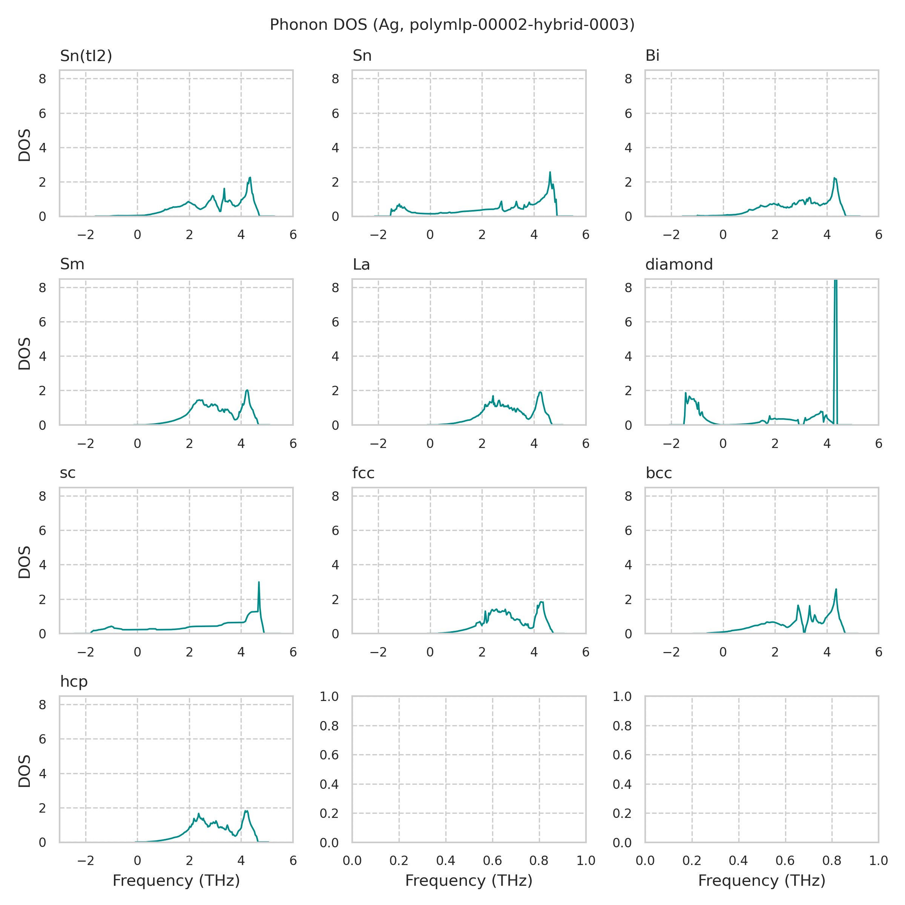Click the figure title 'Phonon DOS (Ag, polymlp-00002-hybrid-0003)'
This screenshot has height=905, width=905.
click(x=452, y=25)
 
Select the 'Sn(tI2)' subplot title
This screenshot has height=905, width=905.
click(x=86, y=56)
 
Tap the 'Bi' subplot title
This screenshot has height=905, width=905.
click(x=652, y=56)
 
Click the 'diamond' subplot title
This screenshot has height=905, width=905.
click(x=679, y=265)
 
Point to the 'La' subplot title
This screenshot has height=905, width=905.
click(x=361, y=265)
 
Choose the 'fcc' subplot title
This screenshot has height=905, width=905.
click(x=364, y=473)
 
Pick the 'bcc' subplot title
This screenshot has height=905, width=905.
click(x=659, y=473)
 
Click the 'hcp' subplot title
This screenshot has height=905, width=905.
click(x=74, y=681)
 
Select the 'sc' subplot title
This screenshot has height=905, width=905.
click(x=67, y=473)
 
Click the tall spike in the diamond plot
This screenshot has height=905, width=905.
click(x=836, y=328)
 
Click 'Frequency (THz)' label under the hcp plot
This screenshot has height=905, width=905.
click(x=176, y=880)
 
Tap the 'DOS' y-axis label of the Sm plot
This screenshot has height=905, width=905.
click(x=25, y=354)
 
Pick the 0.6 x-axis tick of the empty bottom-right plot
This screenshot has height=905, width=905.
click(x=785, y=861)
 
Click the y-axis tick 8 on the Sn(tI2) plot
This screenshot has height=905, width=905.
click(x=43, y=79)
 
